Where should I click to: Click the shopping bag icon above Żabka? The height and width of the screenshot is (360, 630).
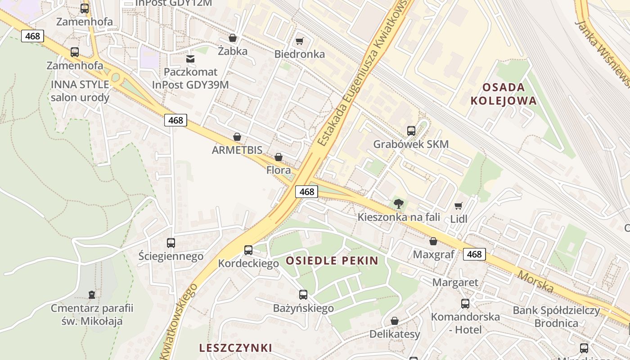(x=233, y=38)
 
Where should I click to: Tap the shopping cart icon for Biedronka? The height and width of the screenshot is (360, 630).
(x=300, y=41)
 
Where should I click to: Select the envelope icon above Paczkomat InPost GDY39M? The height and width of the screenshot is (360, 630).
(x=190, y=59)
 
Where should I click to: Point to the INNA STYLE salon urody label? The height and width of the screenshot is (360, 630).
(x=80, y=91)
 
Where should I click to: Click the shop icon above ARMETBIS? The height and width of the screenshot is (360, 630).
(x=237, y=137)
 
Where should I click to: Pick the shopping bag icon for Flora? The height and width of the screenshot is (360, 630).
(x=279, y=157)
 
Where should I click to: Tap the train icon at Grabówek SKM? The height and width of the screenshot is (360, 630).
(x=411, y=131)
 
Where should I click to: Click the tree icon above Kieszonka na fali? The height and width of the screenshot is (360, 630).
(x=398, y=204)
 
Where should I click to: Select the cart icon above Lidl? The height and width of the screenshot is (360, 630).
(x=459, y=206)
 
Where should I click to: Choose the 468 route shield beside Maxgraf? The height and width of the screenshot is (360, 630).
(x=474, y=254)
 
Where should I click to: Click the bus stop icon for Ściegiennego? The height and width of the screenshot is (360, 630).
(x=171, y=243)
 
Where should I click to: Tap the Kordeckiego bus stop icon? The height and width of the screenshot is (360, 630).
(x=248, y=250)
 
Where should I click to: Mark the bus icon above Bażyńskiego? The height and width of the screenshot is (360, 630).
(x=303, y=295)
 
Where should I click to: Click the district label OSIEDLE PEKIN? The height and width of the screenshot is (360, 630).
(x=332, y=261)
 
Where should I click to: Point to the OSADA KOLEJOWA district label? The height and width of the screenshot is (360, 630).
(x=504, y=94)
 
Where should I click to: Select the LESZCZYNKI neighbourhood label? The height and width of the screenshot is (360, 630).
(x=235, y=348)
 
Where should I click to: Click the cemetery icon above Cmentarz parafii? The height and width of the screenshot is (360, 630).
(x=92, y=295)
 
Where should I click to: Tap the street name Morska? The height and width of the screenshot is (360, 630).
(x=535, y=281)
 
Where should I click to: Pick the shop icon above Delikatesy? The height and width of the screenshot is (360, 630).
(x=395, y=321)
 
